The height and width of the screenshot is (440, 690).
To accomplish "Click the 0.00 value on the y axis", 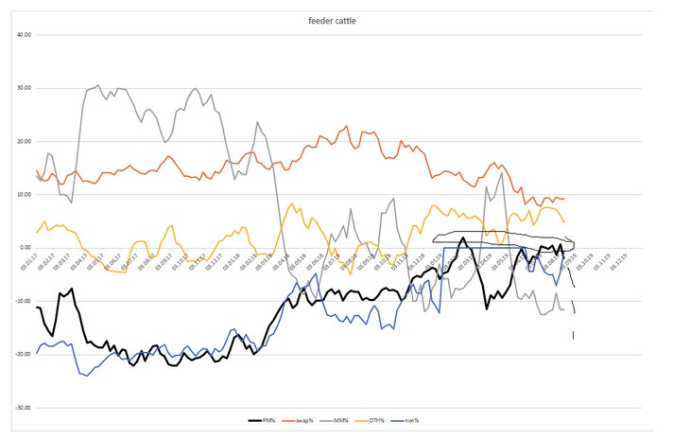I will [23, 248].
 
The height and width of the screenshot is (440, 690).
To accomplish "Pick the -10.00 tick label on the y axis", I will [20, 302].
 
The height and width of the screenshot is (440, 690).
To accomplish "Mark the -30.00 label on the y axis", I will [20, 408].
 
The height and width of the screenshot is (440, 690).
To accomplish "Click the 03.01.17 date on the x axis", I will [36, 261].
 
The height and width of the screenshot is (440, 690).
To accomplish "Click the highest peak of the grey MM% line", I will [98, 84].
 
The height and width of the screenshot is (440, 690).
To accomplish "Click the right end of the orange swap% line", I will [565, 199].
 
